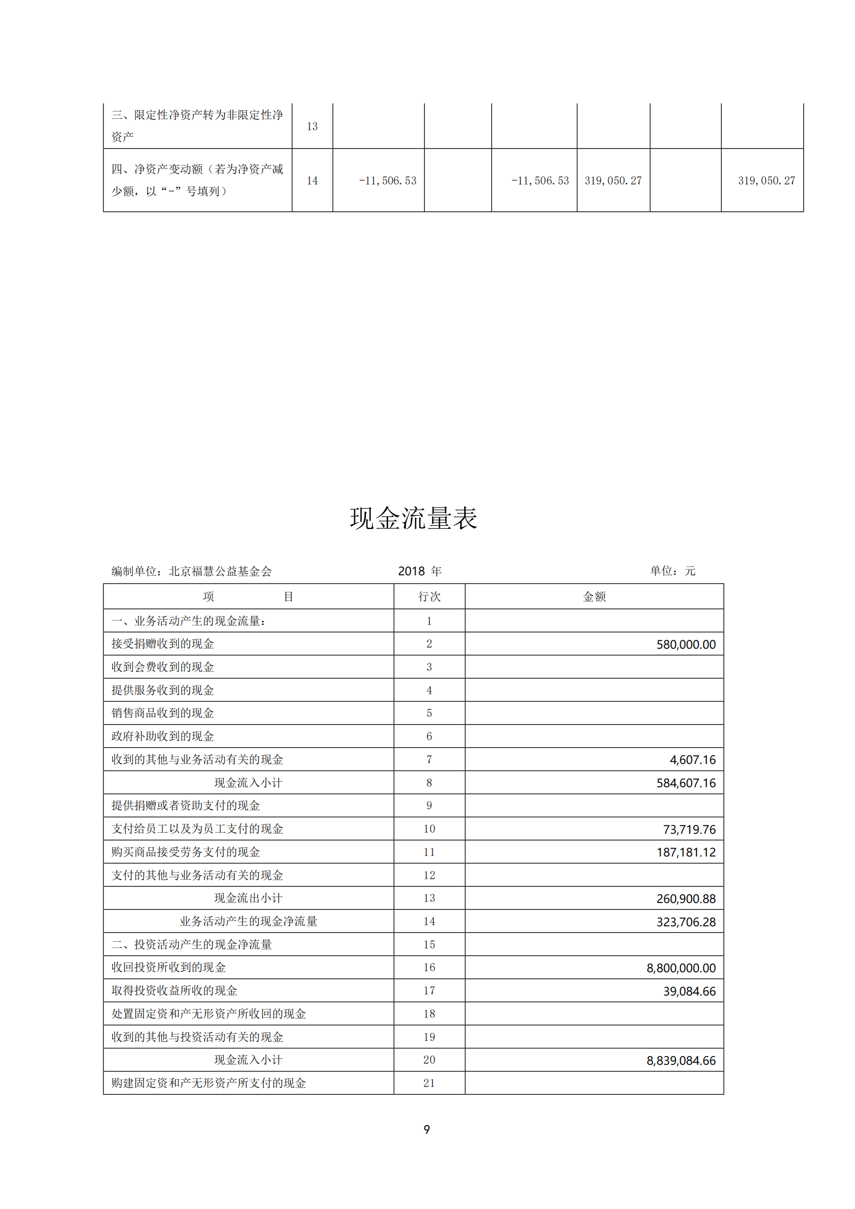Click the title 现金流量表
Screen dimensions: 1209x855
click(x=414, y=518)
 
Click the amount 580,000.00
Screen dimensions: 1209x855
click(x=685, y=645)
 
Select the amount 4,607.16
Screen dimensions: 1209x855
click(x=692, y=760)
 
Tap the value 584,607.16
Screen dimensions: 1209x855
click(x=685, y=783)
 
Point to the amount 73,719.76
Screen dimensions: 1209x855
click(x=689, y=829)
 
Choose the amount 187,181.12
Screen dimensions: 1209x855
click(x=685, y=852)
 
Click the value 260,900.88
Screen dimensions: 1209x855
click(x=685, y=899)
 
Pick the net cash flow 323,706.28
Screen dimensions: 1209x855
click(x=685, y=922)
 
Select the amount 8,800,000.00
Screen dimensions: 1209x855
click(x=681, y=968)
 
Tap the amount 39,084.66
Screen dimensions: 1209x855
click(x=689, y=991)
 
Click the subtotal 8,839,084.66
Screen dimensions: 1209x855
click(x=681, y=1061)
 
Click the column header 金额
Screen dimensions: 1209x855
click(x=594, y=596)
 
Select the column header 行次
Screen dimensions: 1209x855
click(x=429, y=596)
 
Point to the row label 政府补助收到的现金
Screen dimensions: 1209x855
click(x=163, y=736)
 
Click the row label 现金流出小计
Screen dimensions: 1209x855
click(x=248, y=898)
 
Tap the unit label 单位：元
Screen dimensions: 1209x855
click(x=673, y=571)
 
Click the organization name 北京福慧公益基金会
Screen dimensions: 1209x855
click(x=220, y=571)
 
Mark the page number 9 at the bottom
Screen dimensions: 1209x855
click(x=426, y=1129)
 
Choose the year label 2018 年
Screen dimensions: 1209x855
click(x=420, y=571)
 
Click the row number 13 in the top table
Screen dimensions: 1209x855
click(x=312, y=126)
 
